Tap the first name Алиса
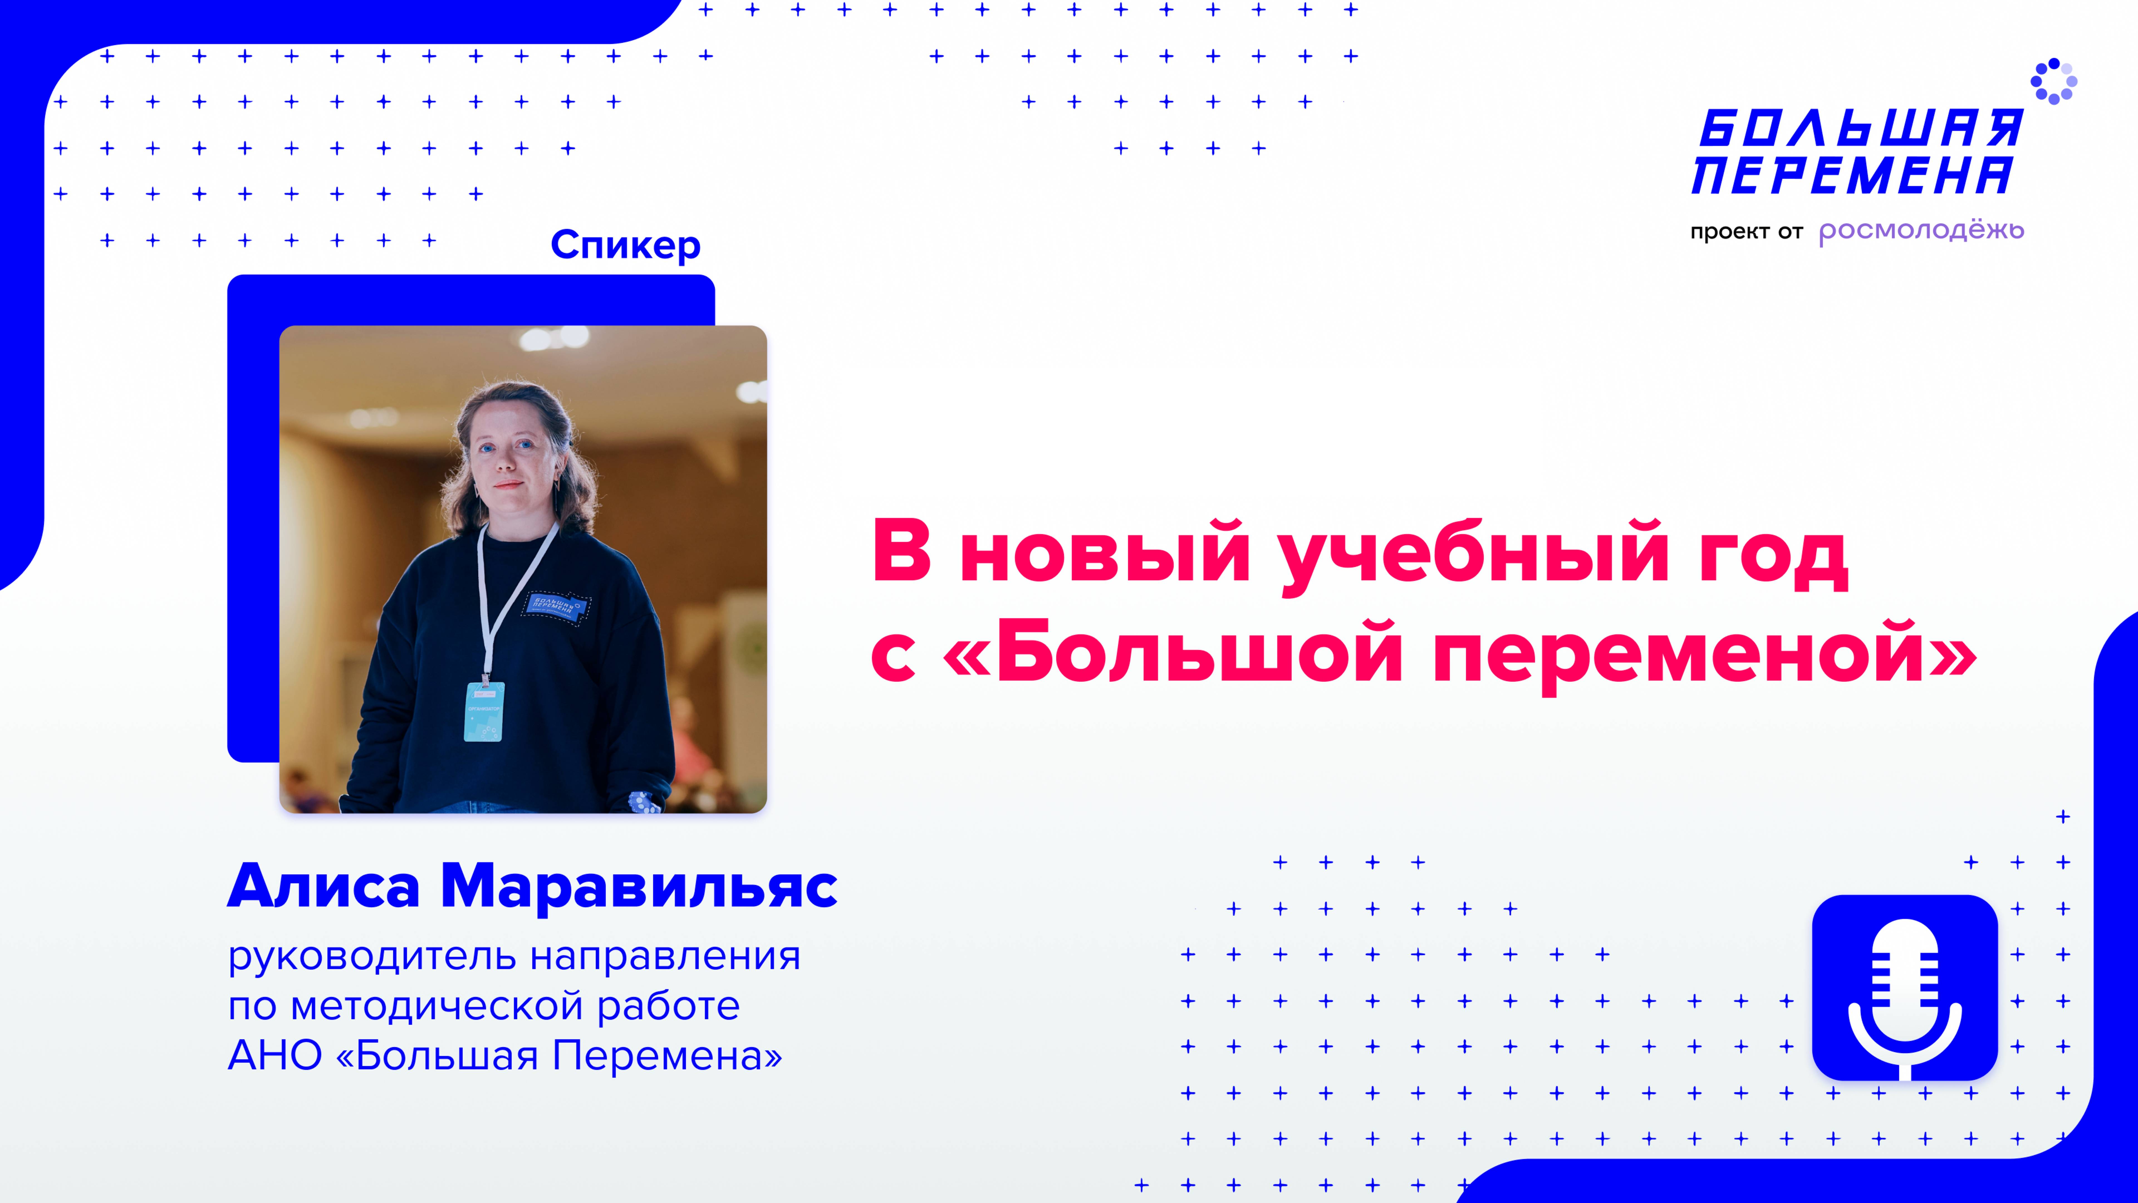[x=324, y=887]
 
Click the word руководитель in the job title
[x=373, y=957]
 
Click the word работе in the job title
[x=668, y=1006]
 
